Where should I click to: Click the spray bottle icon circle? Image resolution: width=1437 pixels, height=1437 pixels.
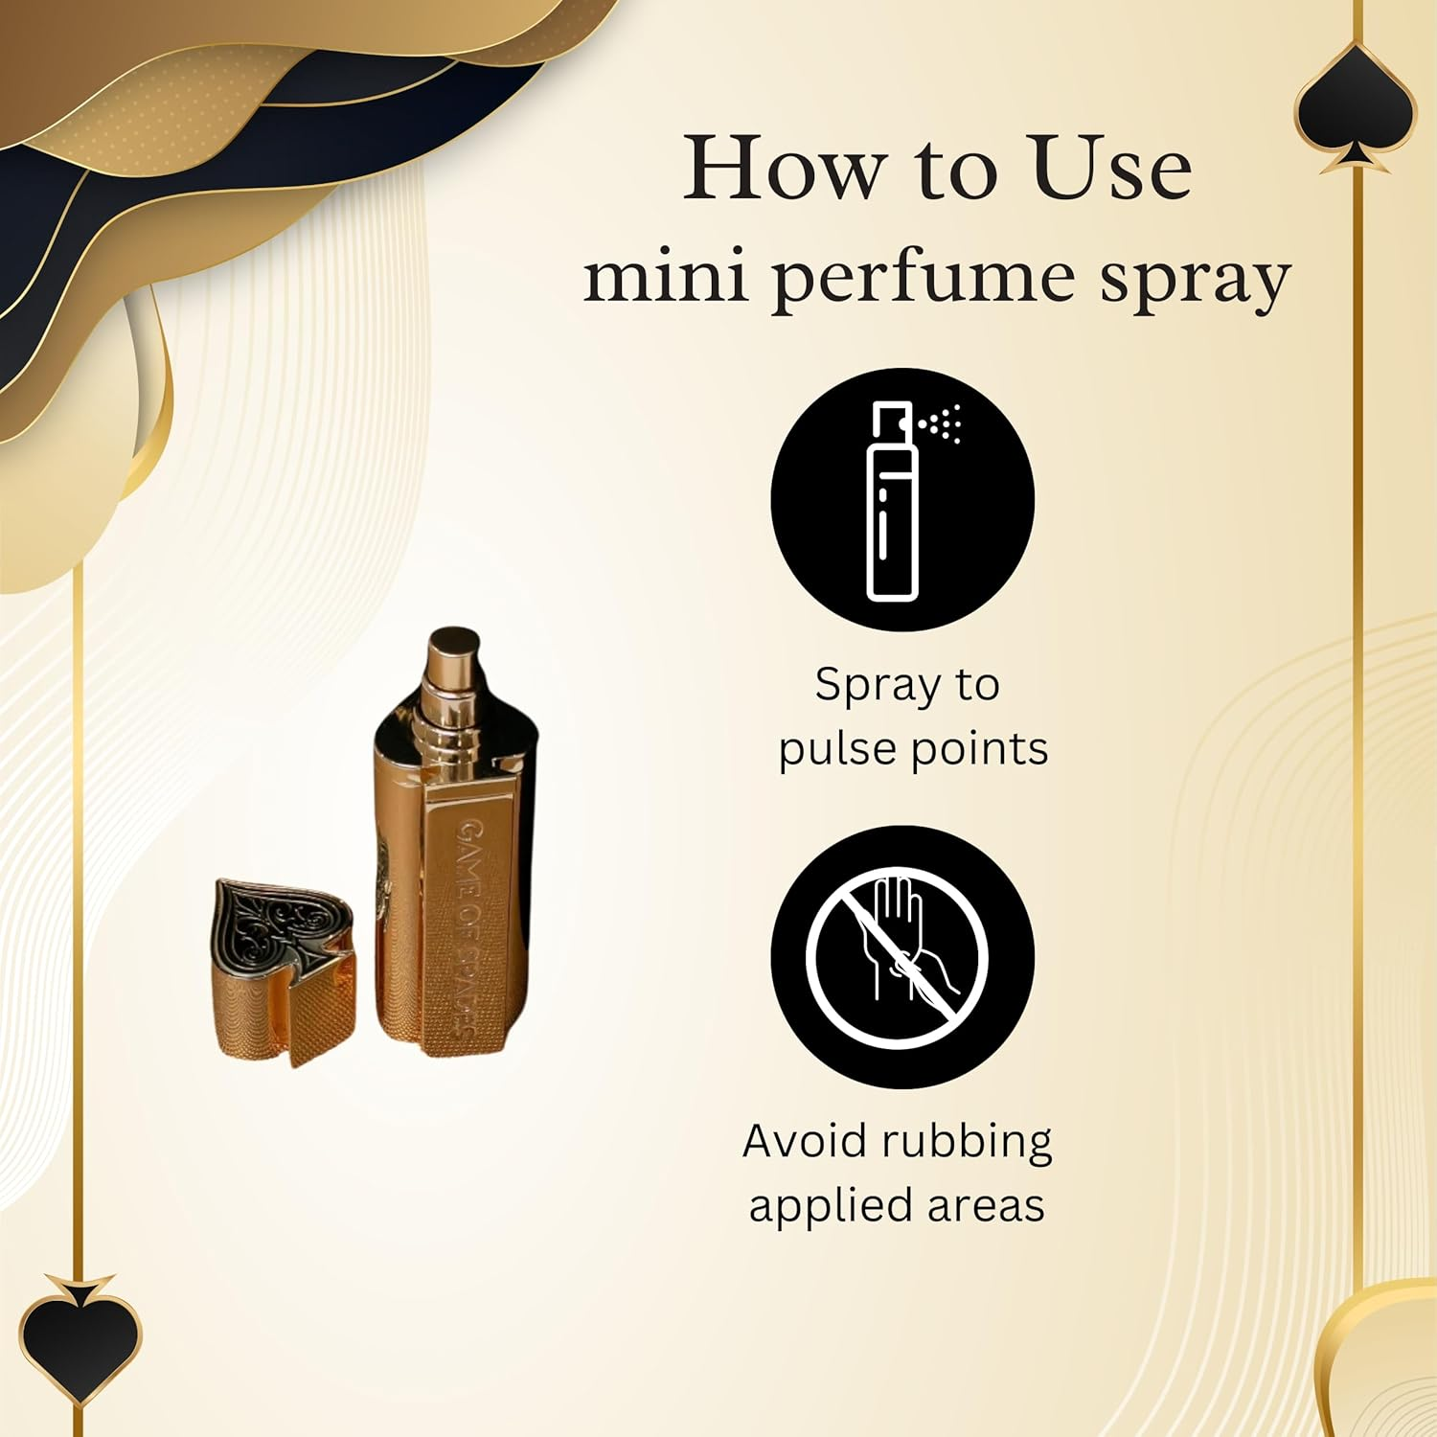tap(902, 499)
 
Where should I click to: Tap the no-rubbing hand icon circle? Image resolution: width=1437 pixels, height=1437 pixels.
tap(902, 956)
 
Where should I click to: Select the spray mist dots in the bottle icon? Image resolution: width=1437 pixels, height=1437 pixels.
tap(944, 422)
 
